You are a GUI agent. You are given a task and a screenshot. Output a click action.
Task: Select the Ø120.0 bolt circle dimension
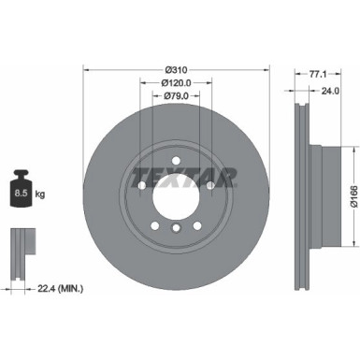tap(175, 82)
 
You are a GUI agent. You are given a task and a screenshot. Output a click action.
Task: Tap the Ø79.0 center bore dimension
tap(175, 95)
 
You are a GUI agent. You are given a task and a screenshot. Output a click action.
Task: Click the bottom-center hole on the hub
tap(175, 230)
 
